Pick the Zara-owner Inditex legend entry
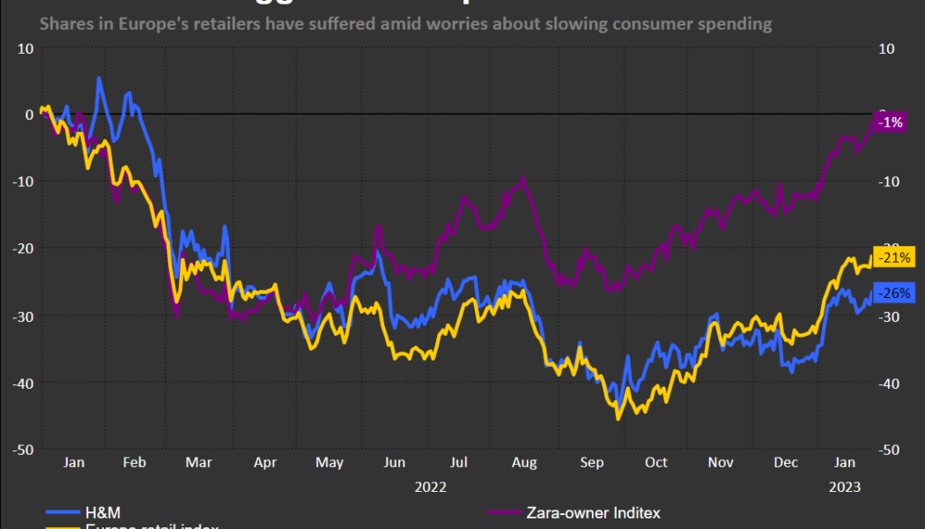pyautogui.click(x=592, y=512)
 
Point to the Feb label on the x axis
pyautogui.click(x=134, y=462)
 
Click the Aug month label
pyautogui.click(x=524, y=462)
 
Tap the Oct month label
pyautogui.click(x=655, y=462)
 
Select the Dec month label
pyautogui.click(x=786, y=462)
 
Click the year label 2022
pyautogui.click(x=431, y=486)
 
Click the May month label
pyautogui.click(x=329, y=462)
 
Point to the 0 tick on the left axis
pyautogui.click(x=29, y=115)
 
